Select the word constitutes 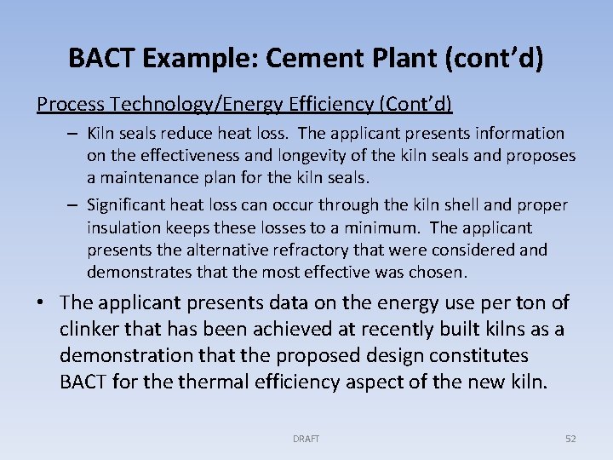[x=472, y=355]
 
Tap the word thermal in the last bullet [x=211, y=381]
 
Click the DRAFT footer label [x=306, y=439]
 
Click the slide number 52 [x=570, y=439]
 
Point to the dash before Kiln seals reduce [x=75, y=134]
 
